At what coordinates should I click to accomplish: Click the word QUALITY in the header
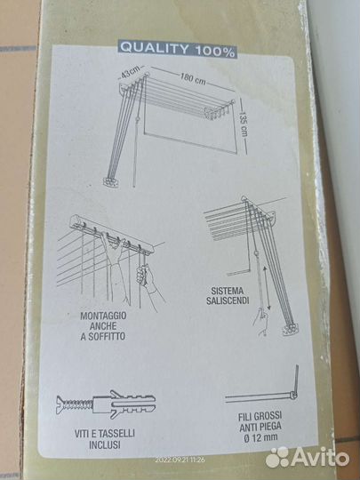coord(154,48)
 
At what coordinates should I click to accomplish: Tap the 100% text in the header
coord(215,52)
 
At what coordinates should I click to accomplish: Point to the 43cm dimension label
coord(129,74)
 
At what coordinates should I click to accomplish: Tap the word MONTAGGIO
coord(103,316)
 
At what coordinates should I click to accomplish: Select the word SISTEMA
coord(227,291)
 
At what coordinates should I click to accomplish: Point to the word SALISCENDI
coord(228,300)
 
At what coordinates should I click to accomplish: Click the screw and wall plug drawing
coord(106,404)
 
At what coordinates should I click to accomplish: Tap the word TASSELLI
coord(117,434)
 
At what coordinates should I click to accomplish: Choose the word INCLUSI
coord(105,444)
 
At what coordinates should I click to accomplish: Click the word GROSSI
coord(268,416)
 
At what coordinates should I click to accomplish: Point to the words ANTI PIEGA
coord(260,427)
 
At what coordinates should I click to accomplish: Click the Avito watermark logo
coord(307,458)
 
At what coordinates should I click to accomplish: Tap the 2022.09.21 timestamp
coord(180,460)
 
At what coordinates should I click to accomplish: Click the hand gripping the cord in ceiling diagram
coord(143,275)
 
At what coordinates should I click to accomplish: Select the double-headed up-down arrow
coord(268,288)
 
